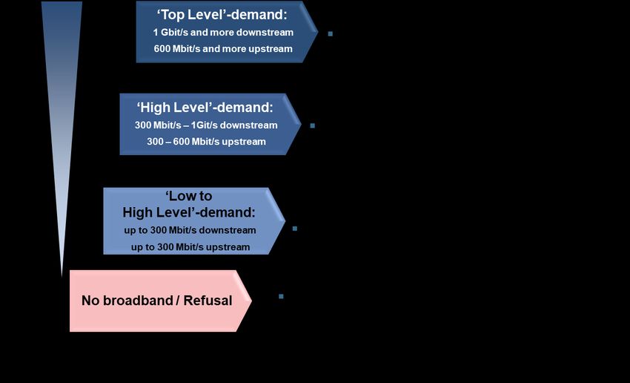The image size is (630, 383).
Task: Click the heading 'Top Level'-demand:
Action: [222, 15]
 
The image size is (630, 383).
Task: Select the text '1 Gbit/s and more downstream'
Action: [223, 32]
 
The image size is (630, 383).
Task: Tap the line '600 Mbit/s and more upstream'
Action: [223, 49]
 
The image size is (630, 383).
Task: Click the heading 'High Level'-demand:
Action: [205, 108]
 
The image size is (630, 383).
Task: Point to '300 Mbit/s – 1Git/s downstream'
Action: [206, 125]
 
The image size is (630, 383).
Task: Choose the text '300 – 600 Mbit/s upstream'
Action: [206, 142]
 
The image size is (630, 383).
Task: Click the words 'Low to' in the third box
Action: [189, 196]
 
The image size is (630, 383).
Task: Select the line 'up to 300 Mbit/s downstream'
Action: [190, 230]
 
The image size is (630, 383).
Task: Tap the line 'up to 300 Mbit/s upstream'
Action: [190, 247]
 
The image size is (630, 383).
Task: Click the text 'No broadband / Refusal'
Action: [156, 301]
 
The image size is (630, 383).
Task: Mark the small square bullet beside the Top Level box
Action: [331, 34]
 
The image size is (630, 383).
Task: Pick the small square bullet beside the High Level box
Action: [313, 125]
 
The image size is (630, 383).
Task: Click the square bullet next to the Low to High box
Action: [295, 229]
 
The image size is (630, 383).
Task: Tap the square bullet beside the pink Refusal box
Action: [281, 296]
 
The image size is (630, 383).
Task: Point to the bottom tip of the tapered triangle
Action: [62, 276]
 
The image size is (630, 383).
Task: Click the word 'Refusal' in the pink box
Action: [208, 301]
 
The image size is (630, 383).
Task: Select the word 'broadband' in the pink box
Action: [138, 301]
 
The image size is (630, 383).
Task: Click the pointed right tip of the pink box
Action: [251, 301]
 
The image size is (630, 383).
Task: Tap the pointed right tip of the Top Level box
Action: [318, 31]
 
